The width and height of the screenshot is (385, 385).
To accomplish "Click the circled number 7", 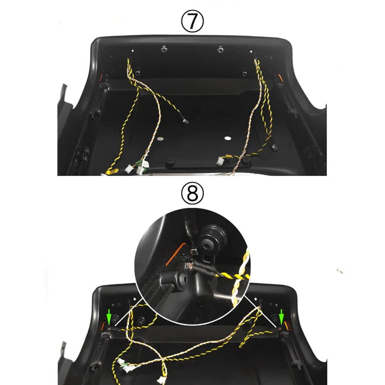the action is (192, 21).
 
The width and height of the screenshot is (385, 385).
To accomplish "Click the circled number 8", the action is (192, 193).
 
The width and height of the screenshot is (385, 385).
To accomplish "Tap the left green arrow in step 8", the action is (109, 316).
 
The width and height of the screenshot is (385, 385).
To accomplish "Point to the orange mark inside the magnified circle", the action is (175, 254).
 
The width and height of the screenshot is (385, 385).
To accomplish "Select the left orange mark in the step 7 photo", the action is (101, 78).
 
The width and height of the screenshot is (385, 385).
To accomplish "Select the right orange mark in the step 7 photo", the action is (281, 78).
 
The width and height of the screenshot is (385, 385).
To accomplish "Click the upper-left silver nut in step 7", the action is (163, 49).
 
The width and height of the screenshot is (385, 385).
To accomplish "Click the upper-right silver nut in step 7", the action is (220, 50).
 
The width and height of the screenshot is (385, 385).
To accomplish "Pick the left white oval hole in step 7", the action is (161, 139).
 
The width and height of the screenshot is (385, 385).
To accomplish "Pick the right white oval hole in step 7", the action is (228, 138).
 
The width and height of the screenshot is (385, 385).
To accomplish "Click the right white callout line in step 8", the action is (261, 311).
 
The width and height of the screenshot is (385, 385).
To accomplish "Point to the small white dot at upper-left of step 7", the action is (133, 51).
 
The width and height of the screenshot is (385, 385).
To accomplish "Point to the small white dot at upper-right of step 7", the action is (251, 52).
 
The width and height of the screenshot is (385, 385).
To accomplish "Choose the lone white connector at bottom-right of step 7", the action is (220, 161).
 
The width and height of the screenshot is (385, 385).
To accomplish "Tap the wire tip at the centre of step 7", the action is (185, 121).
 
